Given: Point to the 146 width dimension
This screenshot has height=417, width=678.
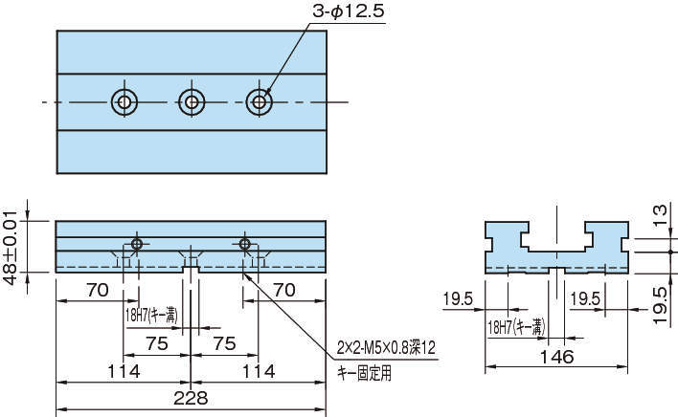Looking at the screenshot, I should (556, 357).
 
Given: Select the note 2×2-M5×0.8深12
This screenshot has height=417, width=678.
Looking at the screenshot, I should (385, 346).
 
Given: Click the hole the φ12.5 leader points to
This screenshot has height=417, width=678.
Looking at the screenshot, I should (259, 101).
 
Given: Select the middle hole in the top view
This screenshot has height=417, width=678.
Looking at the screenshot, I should (192, 101).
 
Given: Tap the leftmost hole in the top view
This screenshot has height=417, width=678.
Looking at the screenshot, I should (124, 101).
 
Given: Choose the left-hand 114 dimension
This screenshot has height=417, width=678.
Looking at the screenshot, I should (124, 370).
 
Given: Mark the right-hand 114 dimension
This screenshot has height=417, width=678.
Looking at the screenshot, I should (258, 370).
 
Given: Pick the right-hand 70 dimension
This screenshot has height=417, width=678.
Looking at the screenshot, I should (283, 287).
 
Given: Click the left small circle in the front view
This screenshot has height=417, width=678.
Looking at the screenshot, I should (138, 245).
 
